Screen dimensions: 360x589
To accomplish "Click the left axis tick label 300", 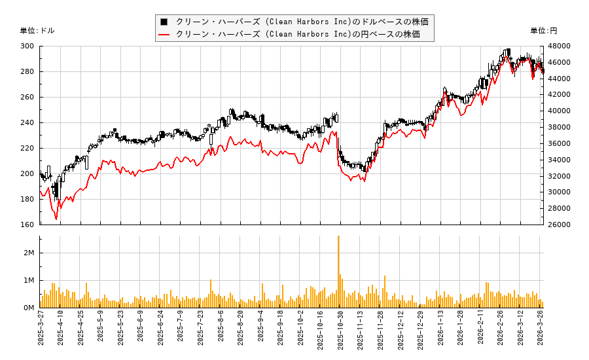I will (x=27, y=46).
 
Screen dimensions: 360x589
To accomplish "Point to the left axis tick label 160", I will (x=27, y=225).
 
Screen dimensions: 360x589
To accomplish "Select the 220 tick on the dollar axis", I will (x=27, y=149).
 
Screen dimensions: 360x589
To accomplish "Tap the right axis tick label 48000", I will (x=560, y=46).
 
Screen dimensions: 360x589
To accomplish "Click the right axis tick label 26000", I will (x=560, y=225).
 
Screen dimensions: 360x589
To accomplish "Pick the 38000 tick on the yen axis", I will (x=560, y=128).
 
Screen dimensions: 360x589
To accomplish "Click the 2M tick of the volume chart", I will (x=29, y=253).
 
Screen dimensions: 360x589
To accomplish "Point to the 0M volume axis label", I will (x=29, y=308).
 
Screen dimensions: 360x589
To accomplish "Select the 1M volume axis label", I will (x=29, y=281).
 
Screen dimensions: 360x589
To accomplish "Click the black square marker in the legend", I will (x=165, y=22).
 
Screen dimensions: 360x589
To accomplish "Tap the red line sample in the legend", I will (x=165, y=34).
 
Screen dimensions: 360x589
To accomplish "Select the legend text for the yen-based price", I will (x=298, y=34).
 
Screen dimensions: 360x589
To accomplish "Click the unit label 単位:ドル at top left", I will (x=38, y=30).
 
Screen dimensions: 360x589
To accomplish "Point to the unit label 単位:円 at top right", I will (x=543, y=30).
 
